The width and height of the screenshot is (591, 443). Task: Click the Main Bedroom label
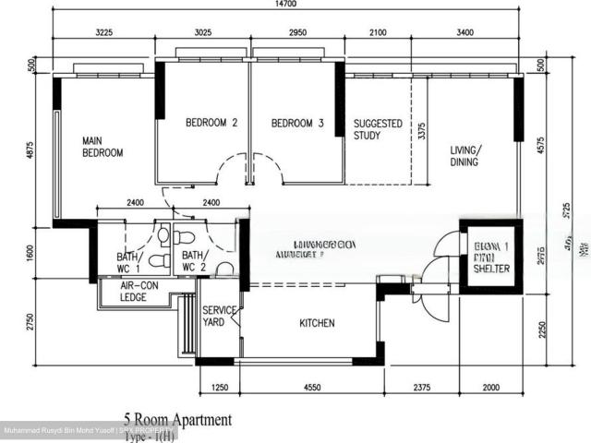(102, 147)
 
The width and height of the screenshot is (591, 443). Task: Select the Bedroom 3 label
(297, 123)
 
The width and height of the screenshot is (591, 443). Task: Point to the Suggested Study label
(379, 129)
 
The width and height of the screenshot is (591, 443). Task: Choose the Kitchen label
(317, 323)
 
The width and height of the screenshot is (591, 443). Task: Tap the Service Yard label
(220, 317)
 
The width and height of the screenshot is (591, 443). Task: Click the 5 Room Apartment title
(178, 420)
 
